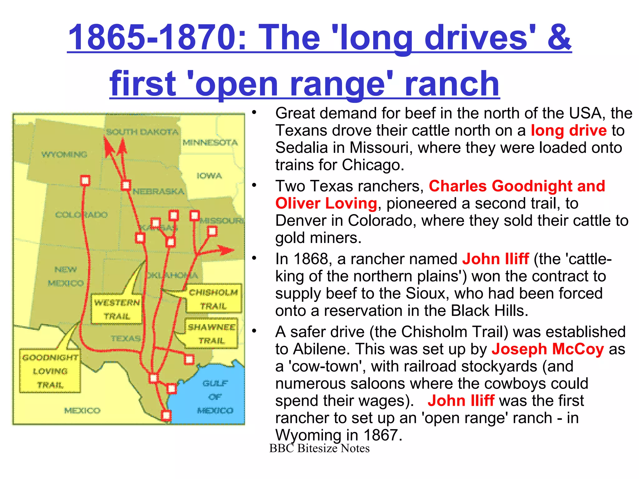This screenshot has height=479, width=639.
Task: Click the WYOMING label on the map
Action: point(64,154)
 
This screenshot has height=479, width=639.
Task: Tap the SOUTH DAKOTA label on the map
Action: point(142,132)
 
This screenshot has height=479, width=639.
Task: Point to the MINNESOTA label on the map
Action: point(210,143)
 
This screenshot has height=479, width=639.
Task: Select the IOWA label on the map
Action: point(209,176)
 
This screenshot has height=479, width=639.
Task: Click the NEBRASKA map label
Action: point(159,191)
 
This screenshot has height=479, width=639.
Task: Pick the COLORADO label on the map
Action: point(81,215)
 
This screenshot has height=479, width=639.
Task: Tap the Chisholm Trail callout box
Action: point(214,299)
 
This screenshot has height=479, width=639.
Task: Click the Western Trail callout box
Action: point(117,309)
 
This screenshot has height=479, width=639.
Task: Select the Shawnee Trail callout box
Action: point(211,333)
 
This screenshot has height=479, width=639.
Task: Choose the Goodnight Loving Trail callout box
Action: point(50,371)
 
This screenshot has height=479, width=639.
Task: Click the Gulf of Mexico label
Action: point(215,397)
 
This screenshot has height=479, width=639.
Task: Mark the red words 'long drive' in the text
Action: point(568,130)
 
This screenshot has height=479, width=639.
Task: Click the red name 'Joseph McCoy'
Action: point(548,349)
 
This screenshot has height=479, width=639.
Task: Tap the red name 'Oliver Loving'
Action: point(326,203)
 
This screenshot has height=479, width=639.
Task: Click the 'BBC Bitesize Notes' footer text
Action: point(319,448)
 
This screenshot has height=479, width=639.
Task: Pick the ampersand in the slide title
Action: point(559,37)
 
